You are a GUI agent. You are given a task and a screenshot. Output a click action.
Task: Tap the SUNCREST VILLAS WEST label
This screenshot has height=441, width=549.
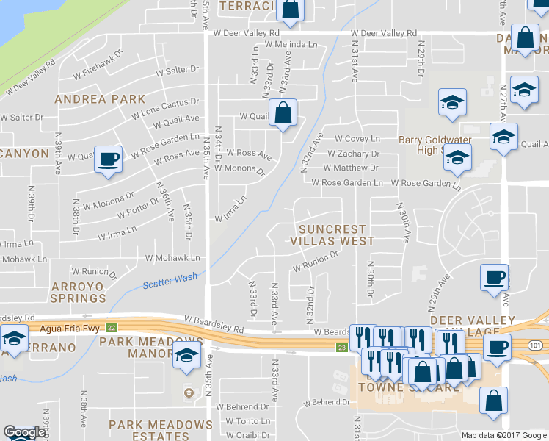(332, 234)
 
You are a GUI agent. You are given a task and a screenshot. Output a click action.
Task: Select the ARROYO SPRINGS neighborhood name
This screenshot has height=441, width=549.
(79, 291)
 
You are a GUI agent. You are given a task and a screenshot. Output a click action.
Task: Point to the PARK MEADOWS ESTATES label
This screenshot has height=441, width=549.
(161, 431)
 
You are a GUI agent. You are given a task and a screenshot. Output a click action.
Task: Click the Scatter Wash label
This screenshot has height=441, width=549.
(170, 279)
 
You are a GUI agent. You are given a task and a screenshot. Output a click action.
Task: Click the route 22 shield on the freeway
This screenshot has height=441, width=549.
(111, 328)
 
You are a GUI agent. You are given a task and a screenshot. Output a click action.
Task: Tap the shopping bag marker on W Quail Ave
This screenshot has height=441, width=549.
(283, 113)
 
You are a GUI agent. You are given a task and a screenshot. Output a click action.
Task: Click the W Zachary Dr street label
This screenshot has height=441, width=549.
(353, 154)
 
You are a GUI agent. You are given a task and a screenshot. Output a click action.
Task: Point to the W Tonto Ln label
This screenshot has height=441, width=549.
(249, 420)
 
